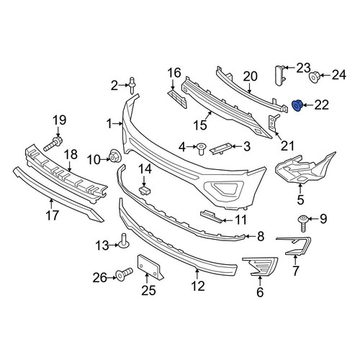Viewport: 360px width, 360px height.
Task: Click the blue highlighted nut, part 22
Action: [x=297, y=106]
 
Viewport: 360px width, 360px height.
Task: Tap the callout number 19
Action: [x=60, y=120]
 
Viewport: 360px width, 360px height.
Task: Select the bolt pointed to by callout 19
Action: [x=53, y=143]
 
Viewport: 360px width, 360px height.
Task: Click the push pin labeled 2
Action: [x=132, y=86]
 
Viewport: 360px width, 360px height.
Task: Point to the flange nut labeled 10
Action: [x=114, y=156]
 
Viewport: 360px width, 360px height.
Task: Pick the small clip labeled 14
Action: [x=145, y=190]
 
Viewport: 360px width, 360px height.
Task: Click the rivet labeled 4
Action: [x=200, y=149]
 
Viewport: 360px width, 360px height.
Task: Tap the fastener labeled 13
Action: [x=123, y=240]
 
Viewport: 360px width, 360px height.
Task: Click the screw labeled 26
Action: [x=124, y=274]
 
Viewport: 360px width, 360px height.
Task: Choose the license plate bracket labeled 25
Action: [x=150, y=267]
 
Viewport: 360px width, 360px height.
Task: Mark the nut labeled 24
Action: [x=315, y=77]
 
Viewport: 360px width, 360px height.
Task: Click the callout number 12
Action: [x=198, y=287]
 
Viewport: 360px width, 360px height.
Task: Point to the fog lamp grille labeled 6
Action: [x=260, y=266]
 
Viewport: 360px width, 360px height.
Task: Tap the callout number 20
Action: [x=250, y=76]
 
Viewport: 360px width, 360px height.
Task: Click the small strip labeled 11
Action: [x=212, y=216]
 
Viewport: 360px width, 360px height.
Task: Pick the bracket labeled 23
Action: [x=280, y=75]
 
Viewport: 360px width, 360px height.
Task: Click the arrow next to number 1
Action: [x=118, y=124]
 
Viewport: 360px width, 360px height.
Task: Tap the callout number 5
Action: [x=300, y=199]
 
